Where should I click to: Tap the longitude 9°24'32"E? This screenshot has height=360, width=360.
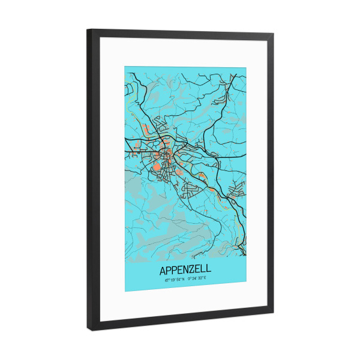point(197,278)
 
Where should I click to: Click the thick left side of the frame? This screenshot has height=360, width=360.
point(91,180)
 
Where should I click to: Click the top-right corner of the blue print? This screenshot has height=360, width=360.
point(246,68)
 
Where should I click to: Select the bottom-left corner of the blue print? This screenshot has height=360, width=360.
point(125,292)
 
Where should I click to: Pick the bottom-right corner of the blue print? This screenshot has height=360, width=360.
point(246,286)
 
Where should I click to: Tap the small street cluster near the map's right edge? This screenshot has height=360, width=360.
point(235,190)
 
